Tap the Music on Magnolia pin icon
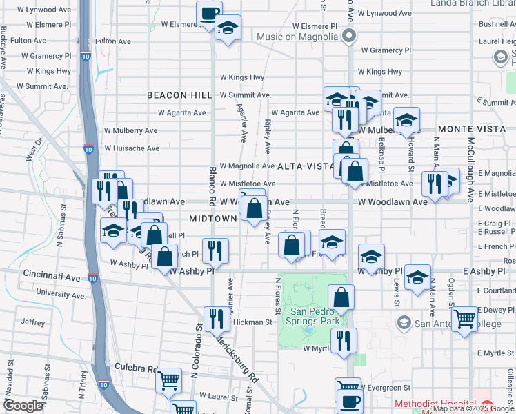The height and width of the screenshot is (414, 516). (350, 36)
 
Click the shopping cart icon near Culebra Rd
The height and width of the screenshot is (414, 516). (168, 380)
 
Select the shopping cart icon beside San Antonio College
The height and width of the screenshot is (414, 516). (466, 319)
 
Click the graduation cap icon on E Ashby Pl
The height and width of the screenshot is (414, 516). (418, 277)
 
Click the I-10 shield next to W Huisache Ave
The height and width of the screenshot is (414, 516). (89, 148)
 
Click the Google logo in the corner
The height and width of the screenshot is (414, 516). (23, 405)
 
